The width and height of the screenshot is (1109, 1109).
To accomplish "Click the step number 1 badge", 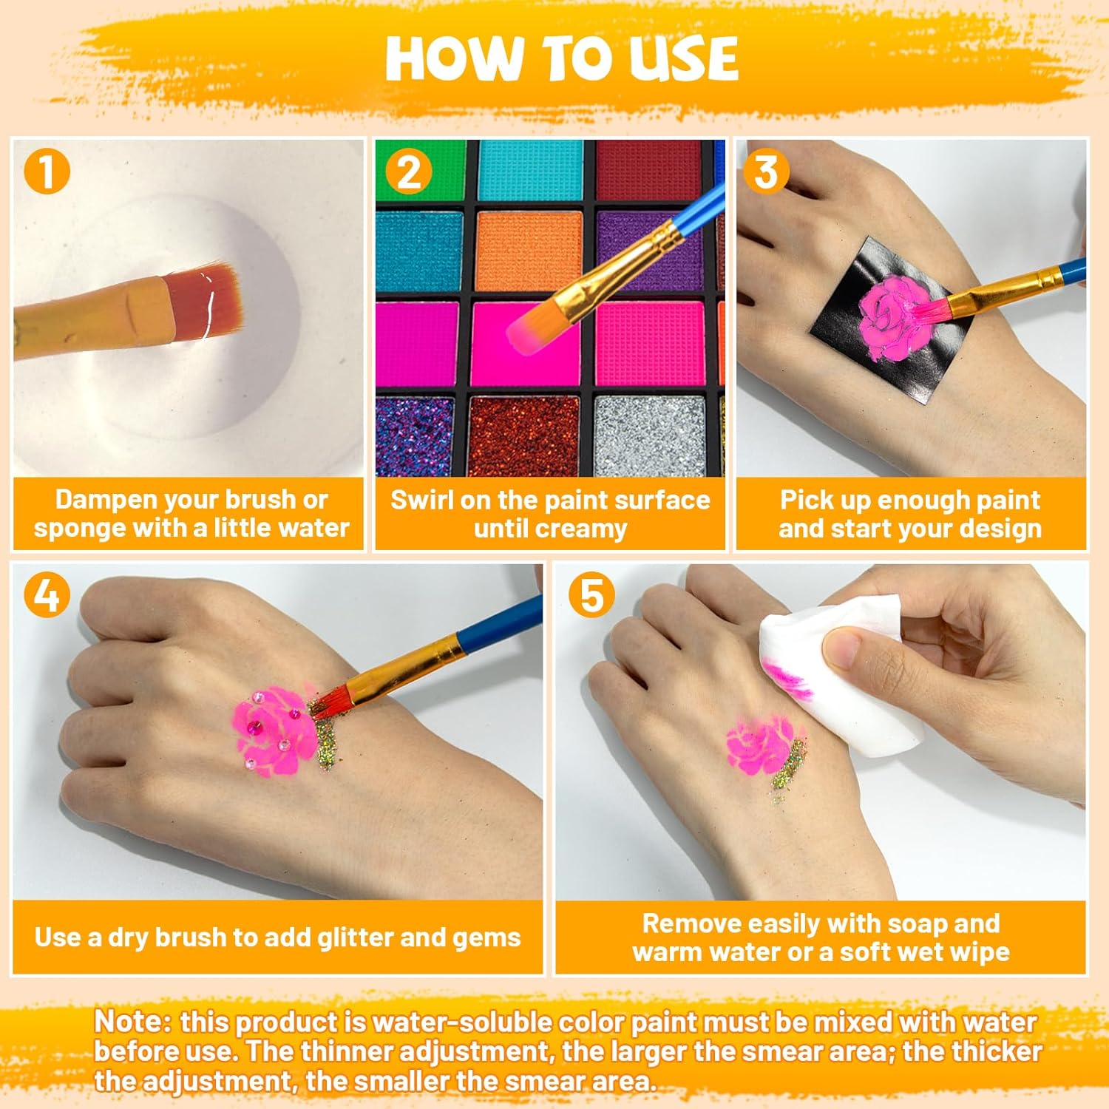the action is [46, 172].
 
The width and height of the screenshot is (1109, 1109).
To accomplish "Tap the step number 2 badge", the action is [409, 172].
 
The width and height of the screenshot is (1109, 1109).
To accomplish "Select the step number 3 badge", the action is [766, 172].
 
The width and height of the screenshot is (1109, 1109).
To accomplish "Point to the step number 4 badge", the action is [47, 595].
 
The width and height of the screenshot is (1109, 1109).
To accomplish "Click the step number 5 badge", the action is [591, 595].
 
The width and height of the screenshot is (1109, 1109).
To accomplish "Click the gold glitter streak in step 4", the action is [325, 736].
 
